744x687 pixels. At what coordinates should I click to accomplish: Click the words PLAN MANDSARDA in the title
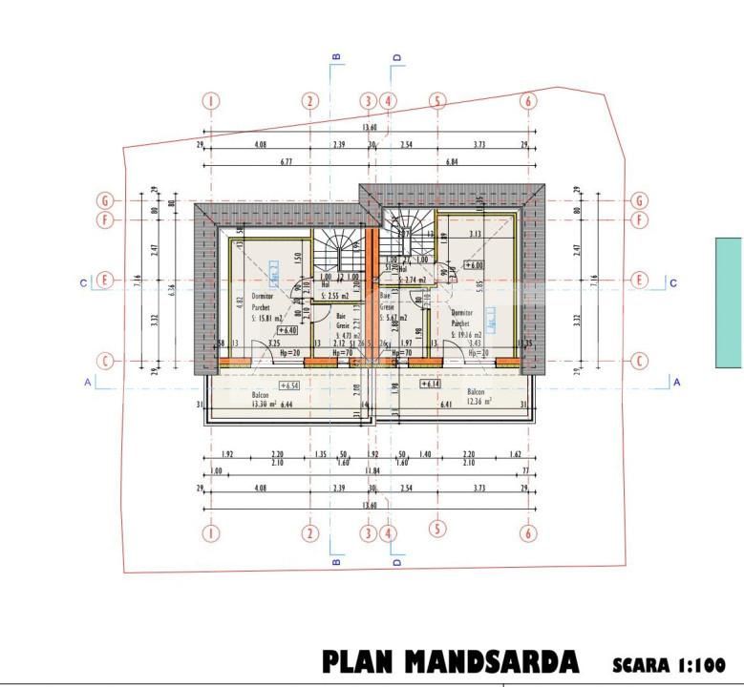click(x=450, y=662)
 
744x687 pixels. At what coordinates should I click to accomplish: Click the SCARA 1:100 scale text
click(x=668, y=664)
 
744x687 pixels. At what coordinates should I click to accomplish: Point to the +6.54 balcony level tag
click(x=288, y=386)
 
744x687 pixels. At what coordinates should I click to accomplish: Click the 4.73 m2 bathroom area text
click(x=346, y=336)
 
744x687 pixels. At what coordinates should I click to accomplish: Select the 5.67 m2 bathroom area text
click(x=392, y=318)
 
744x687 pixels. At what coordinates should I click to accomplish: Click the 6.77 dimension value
click(x=285, y=163)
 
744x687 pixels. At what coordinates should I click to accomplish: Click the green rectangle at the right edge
click(x=730, y=302)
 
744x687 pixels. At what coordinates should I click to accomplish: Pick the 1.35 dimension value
click(x=321, y=455)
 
